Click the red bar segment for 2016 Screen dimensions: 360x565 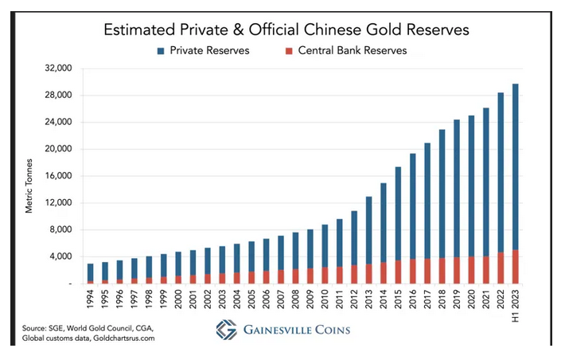click(412, 272)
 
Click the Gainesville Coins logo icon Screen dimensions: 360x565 click(227, 330)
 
